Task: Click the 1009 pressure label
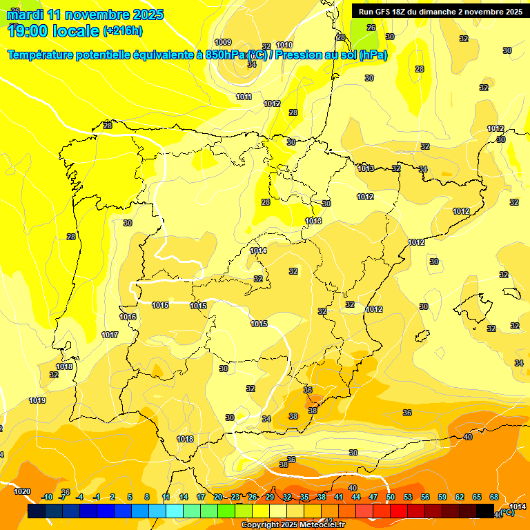[223, 42]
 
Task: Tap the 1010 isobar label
[284, 45]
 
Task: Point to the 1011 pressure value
[244, 97]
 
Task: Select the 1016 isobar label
[128, 317]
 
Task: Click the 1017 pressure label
[110, 335]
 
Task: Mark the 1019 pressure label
[37, 400]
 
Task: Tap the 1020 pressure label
[22, 491]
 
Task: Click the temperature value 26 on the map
[371, 28]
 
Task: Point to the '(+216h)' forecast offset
[122, 31]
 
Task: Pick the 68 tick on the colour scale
[494, 497]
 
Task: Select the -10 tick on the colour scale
[47, 497]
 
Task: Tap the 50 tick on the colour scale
[391, 497]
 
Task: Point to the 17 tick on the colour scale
[201, 497]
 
